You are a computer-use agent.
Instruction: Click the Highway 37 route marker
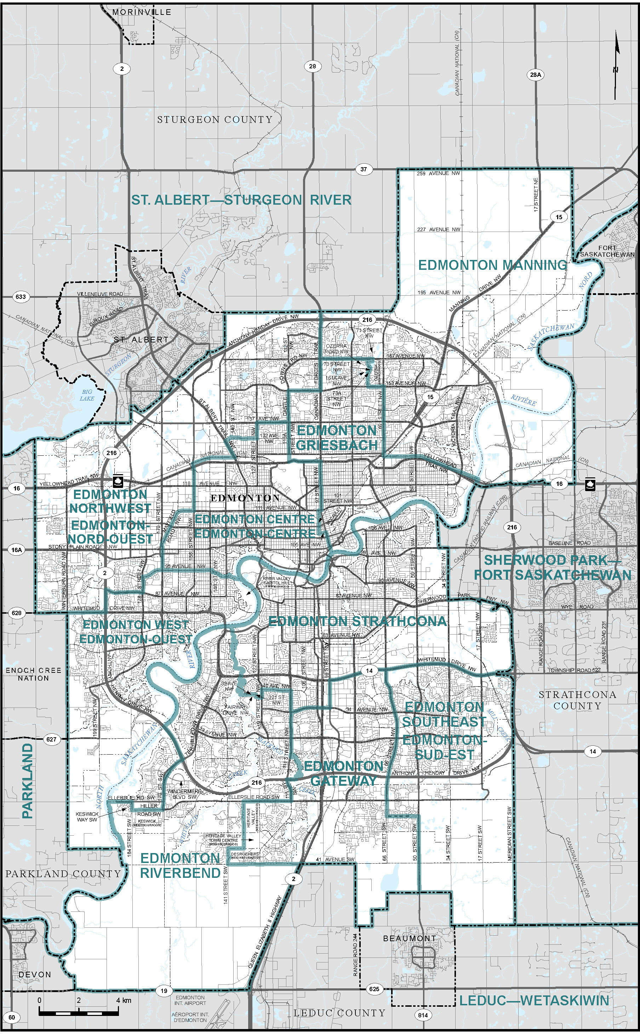coord(364,169)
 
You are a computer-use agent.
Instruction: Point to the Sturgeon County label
coord(215,120)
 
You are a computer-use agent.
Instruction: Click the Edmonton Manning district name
coord(492,266)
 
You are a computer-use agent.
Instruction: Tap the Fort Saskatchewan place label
coord(607,251)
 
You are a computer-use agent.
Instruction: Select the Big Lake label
coord(87,395)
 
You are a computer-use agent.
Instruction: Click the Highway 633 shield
coord(20,296)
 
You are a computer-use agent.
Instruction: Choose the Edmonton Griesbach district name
coord(337,438)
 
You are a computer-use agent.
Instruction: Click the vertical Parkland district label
coord(28,781)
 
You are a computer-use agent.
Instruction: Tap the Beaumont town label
coord(409,938)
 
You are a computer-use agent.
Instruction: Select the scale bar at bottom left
coord(79,1012)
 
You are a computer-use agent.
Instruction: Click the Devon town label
coord(35,974)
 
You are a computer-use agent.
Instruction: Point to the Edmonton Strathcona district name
coord(357,621)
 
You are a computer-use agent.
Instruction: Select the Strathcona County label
coord(577,700)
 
